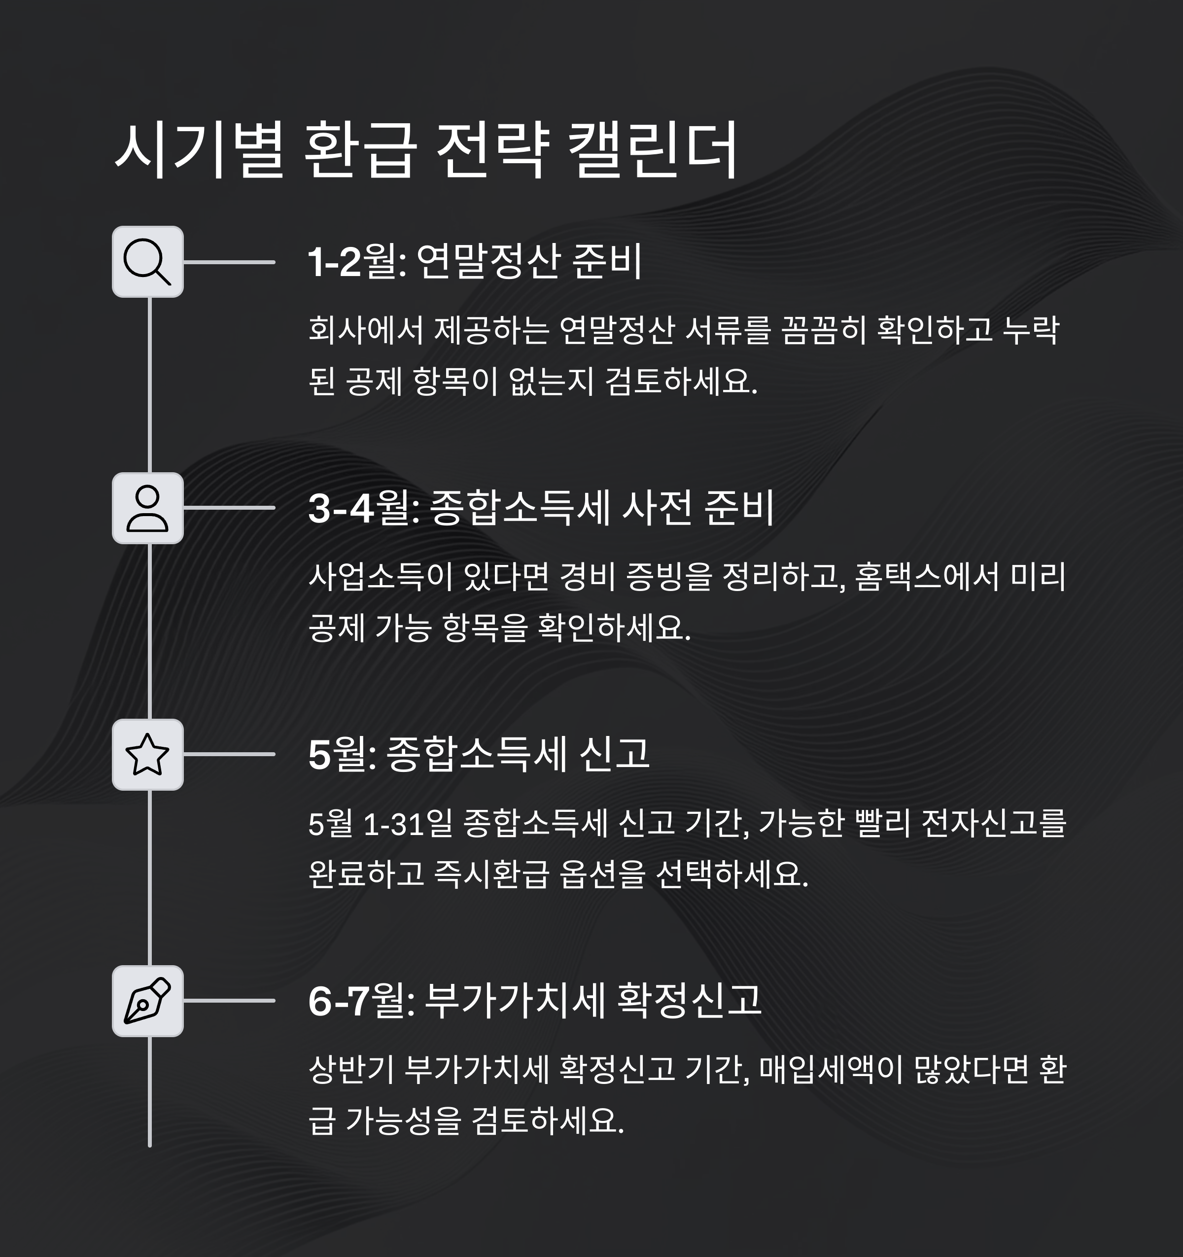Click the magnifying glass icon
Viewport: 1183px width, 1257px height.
147,262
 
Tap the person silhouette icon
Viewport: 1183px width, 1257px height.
147,508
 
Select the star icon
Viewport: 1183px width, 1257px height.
147,754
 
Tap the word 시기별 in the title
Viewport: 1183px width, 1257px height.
199,150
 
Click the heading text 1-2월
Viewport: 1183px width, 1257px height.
357,262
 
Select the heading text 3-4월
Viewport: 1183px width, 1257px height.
364,508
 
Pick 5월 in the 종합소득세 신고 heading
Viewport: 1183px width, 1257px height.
342,754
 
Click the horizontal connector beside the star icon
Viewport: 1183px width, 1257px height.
229,754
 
